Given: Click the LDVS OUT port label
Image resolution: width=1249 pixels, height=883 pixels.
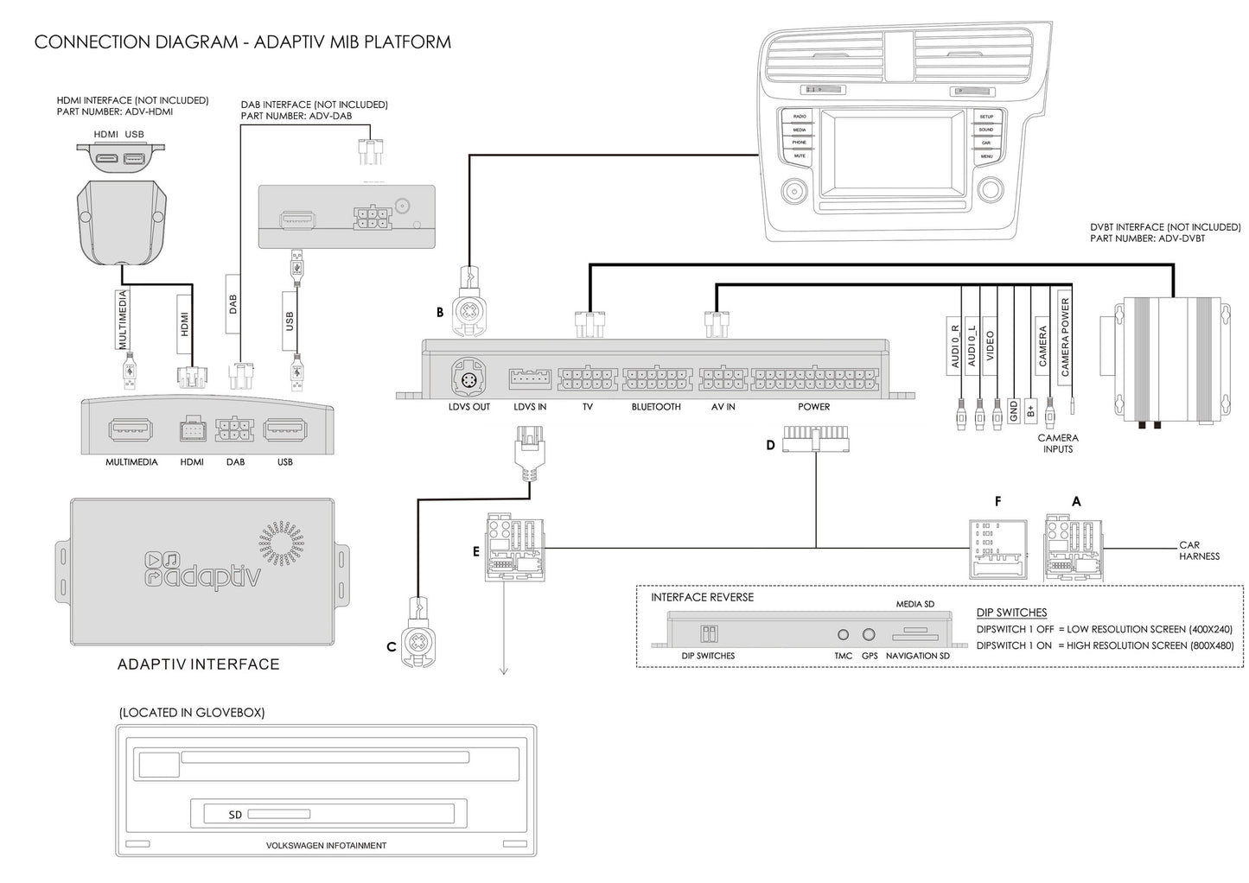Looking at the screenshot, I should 468,407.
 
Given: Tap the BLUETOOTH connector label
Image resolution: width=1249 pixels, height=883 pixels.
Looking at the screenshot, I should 656,407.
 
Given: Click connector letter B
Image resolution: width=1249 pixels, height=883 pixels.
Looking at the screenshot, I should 440,313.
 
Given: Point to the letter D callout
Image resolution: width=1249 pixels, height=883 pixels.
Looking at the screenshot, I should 770,446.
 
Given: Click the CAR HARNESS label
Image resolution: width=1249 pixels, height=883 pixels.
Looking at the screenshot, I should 1198,550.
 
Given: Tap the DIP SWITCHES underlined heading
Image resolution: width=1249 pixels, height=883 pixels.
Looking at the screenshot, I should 1011,613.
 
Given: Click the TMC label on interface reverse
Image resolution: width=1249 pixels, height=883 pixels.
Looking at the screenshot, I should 843,656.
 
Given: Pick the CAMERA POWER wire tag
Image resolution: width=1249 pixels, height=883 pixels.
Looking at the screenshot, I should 1065,337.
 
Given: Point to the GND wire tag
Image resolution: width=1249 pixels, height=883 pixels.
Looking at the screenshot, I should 1013,410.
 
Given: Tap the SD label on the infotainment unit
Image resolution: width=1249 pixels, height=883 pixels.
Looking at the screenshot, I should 235,815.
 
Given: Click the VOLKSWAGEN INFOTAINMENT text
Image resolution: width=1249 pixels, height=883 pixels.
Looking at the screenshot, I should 326,846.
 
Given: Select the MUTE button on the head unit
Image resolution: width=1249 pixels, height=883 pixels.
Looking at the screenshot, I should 800,156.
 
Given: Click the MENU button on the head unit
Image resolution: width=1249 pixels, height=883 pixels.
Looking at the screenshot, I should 986,156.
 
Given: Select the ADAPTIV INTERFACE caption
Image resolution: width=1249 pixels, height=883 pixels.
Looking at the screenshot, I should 198,664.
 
